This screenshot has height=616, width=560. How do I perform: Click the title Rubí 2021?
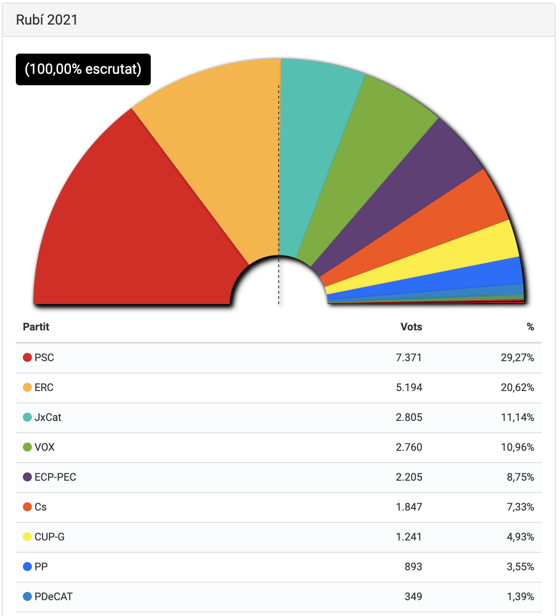click(47, 20)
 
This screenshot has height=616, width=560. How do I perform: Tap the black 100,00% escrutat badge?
click(83, 69)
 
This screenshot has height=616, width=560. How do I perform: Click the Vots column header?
click(411, 327)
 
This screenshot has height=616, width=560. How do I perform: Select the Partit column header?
click(36, 327)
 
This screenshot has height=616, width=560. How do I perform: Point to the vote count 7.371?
click(408, 358)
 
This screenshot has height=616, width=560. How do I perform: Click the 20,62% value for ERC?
click(517, 388)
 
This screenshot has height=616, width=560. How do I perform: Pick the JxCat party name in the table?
click(48, 417)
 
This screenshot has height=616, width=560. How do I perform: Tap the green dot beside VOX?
click(27, 447)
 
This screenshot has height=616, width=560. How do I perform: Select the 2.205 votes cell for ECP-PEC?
click(409, 477)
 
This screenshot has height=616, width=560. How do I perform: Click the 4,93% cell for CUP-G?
click(520, 537)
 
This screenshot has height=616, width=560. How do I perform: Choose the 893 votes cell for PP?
click(413, 567)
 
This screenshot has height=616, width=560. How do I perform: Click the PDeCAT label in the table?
click(54, 597)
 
